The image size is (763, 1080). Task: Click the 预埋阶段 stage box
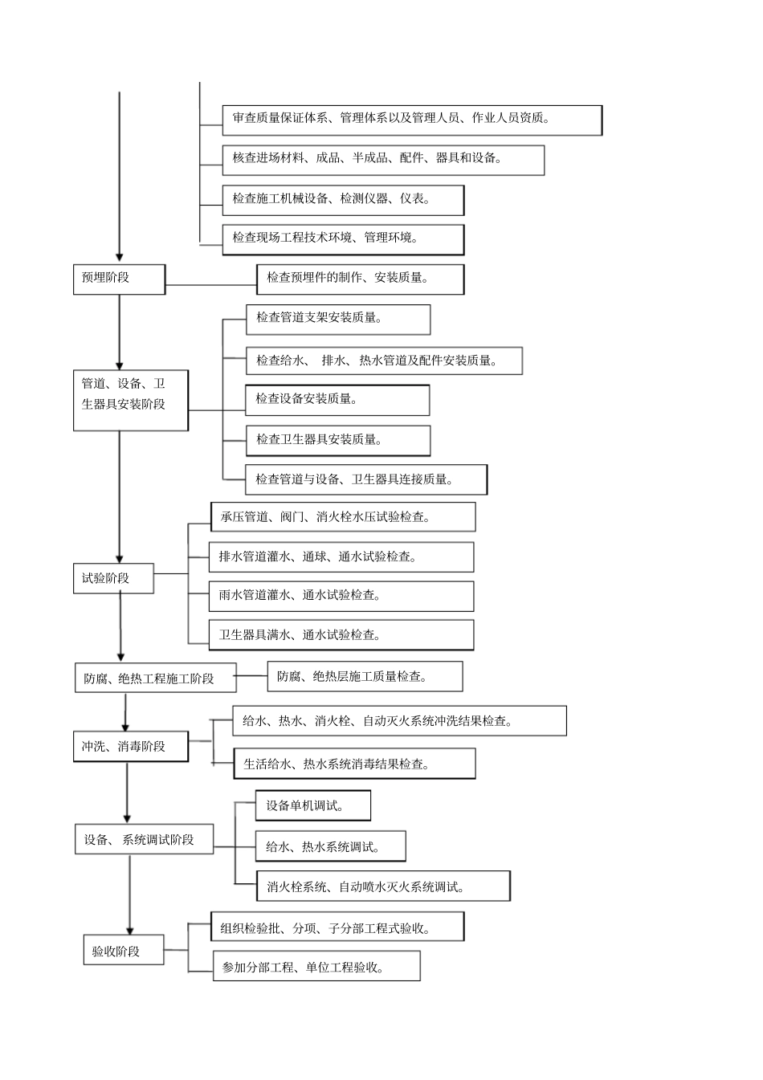[119, 279]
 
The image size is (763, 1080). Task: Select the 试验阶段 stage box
[113, 578]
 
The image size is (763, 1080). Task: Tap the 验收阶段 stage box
[124, 951]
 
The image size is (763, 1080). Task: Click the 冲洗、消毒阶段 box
[131, 747]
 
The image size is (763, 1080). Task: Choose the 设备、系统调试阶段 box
[145, 840]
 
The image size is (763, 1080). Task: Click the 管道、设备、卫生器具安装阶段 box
[130, 400]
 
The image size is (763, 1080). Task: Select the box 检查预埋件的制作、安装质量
[360, 279]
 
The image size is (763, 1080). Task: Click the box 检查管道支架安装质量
[337, 319]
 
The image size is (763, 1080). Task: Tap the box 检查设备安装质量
[337, 399]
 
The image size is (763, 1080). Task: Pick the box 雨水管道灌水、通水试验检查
[341, 596]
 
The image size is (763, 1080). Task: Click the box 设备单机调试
[313, 805]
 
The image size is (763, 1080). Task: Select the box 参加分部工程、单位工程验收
[316, 967]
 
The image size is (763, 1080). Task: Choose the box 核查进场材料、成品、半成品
[383, 159]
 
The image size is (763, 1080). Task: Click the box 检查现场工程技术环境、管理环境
[343, 238]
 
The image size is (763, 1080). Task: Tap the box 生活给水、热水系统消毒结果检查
[354, 764]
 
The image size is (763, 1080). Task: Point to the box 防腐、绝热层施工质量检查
[365, 676]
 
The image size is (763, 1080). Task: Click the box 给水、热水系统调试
[330, 846]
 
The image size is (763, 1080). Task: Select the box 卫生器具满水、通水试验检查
[341, 635]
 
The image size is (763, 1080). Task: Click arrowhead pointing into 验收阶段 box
[130, 929]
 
